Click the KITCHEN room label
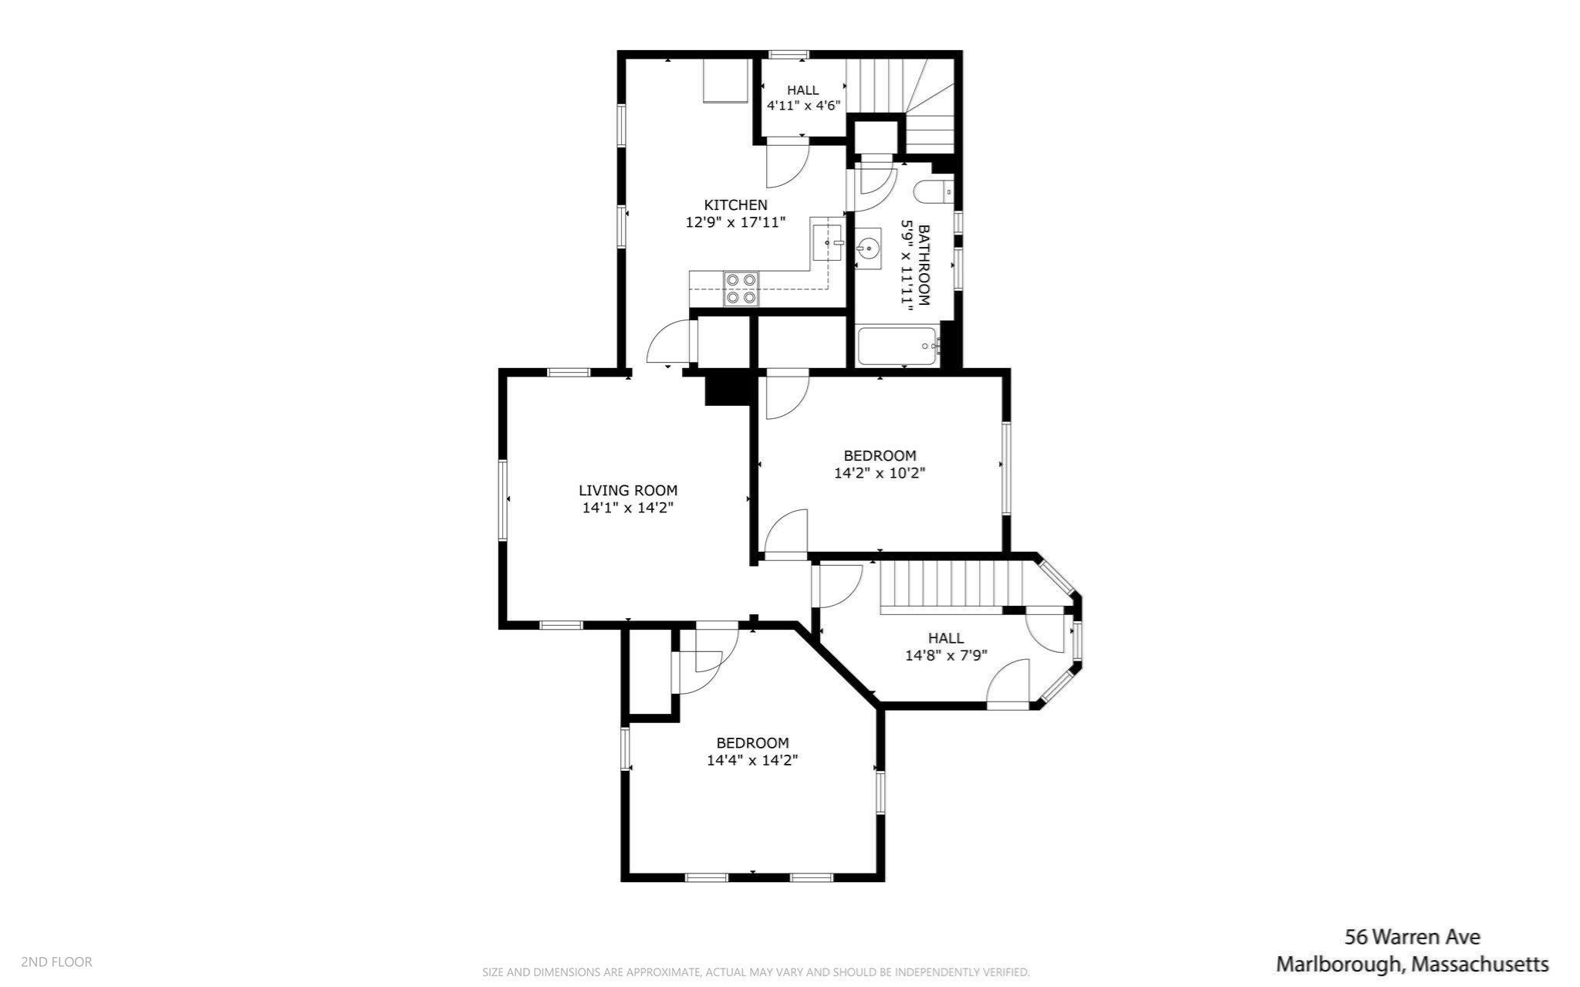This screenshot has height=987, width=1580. (735, 204)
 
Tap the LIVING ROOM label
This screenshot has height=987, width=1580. (628, 490)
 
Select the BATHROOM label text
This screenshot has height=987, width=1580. (923, 265)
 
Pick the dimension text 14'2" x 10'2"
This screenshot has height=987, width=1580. (879, 472)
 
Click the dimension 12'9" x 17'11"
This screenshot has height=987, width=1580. (735, 222)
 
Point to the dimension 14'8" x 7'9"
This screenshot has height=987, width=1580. (946, 655)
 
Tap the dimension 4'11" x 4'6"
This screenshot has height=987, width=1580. (802, 105)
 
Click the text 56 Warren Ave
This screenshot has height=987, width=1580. (1413, 937)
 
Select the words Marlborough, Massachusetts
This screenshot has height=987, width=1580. (1412, 964)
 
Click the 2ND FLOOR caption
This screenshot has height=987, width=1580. (56, 962)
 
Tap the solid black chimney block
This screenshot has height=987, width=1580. (729, 387)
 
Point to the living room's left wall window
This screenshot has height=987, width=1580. (503, 500)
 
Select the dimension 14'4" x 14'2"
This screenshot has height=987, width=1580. (752, 760)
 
